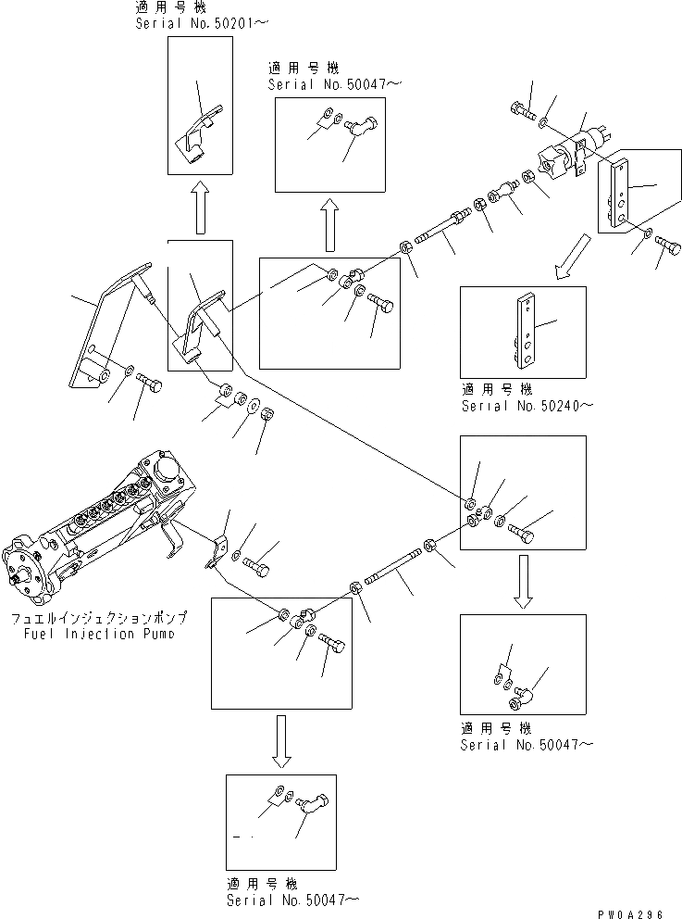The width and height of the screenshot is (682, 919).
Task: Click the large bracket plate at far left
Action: tap(102, 334)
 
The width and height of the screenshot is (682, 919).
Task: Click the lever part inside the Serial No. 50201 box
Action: tap(194, 137)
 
